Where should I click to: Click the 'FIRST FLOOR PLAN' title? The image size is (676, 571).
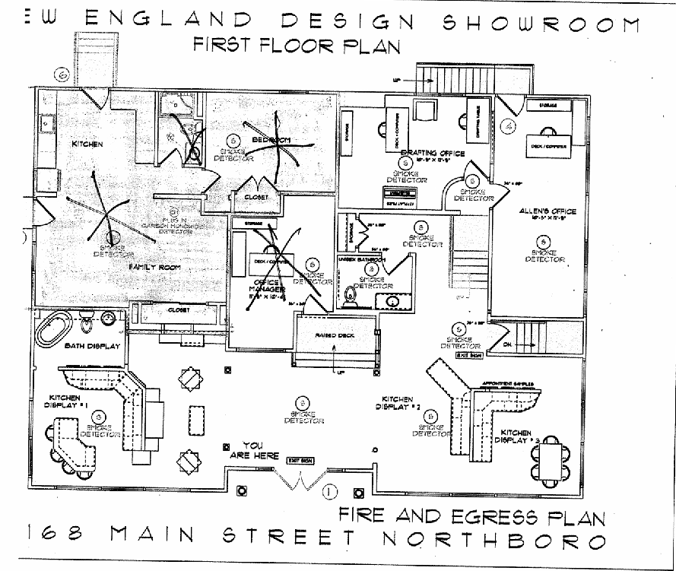pos(297,45)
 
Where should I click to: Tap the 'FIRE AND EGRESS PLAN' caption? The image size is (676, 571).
pos(471,517)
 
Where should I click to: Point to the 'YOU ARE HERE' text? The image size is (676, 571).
pos(252,450)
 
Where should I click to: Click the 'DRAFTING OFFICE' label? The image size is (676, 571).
pos(431,153)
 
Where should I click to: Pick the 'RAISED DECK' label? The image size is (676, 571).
pos(335,335)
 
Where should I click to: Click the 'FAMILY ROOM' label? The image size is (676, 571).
pos(149,268)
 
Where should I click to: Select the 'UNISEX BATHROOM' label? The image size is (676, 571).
pos(361,260)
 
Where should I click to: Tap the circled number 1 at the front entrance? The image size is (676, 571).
pos(329,490)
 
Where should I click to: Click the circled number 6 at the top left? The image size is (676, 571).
pos(62,75)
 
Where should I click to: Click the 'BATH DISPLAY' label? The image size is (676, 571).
pos(94,347)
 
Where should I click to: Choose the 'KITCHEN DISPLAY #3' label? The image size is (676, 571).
pos(517,436)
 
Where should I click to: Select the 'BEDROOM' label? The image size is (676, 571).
pos(271,141)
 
